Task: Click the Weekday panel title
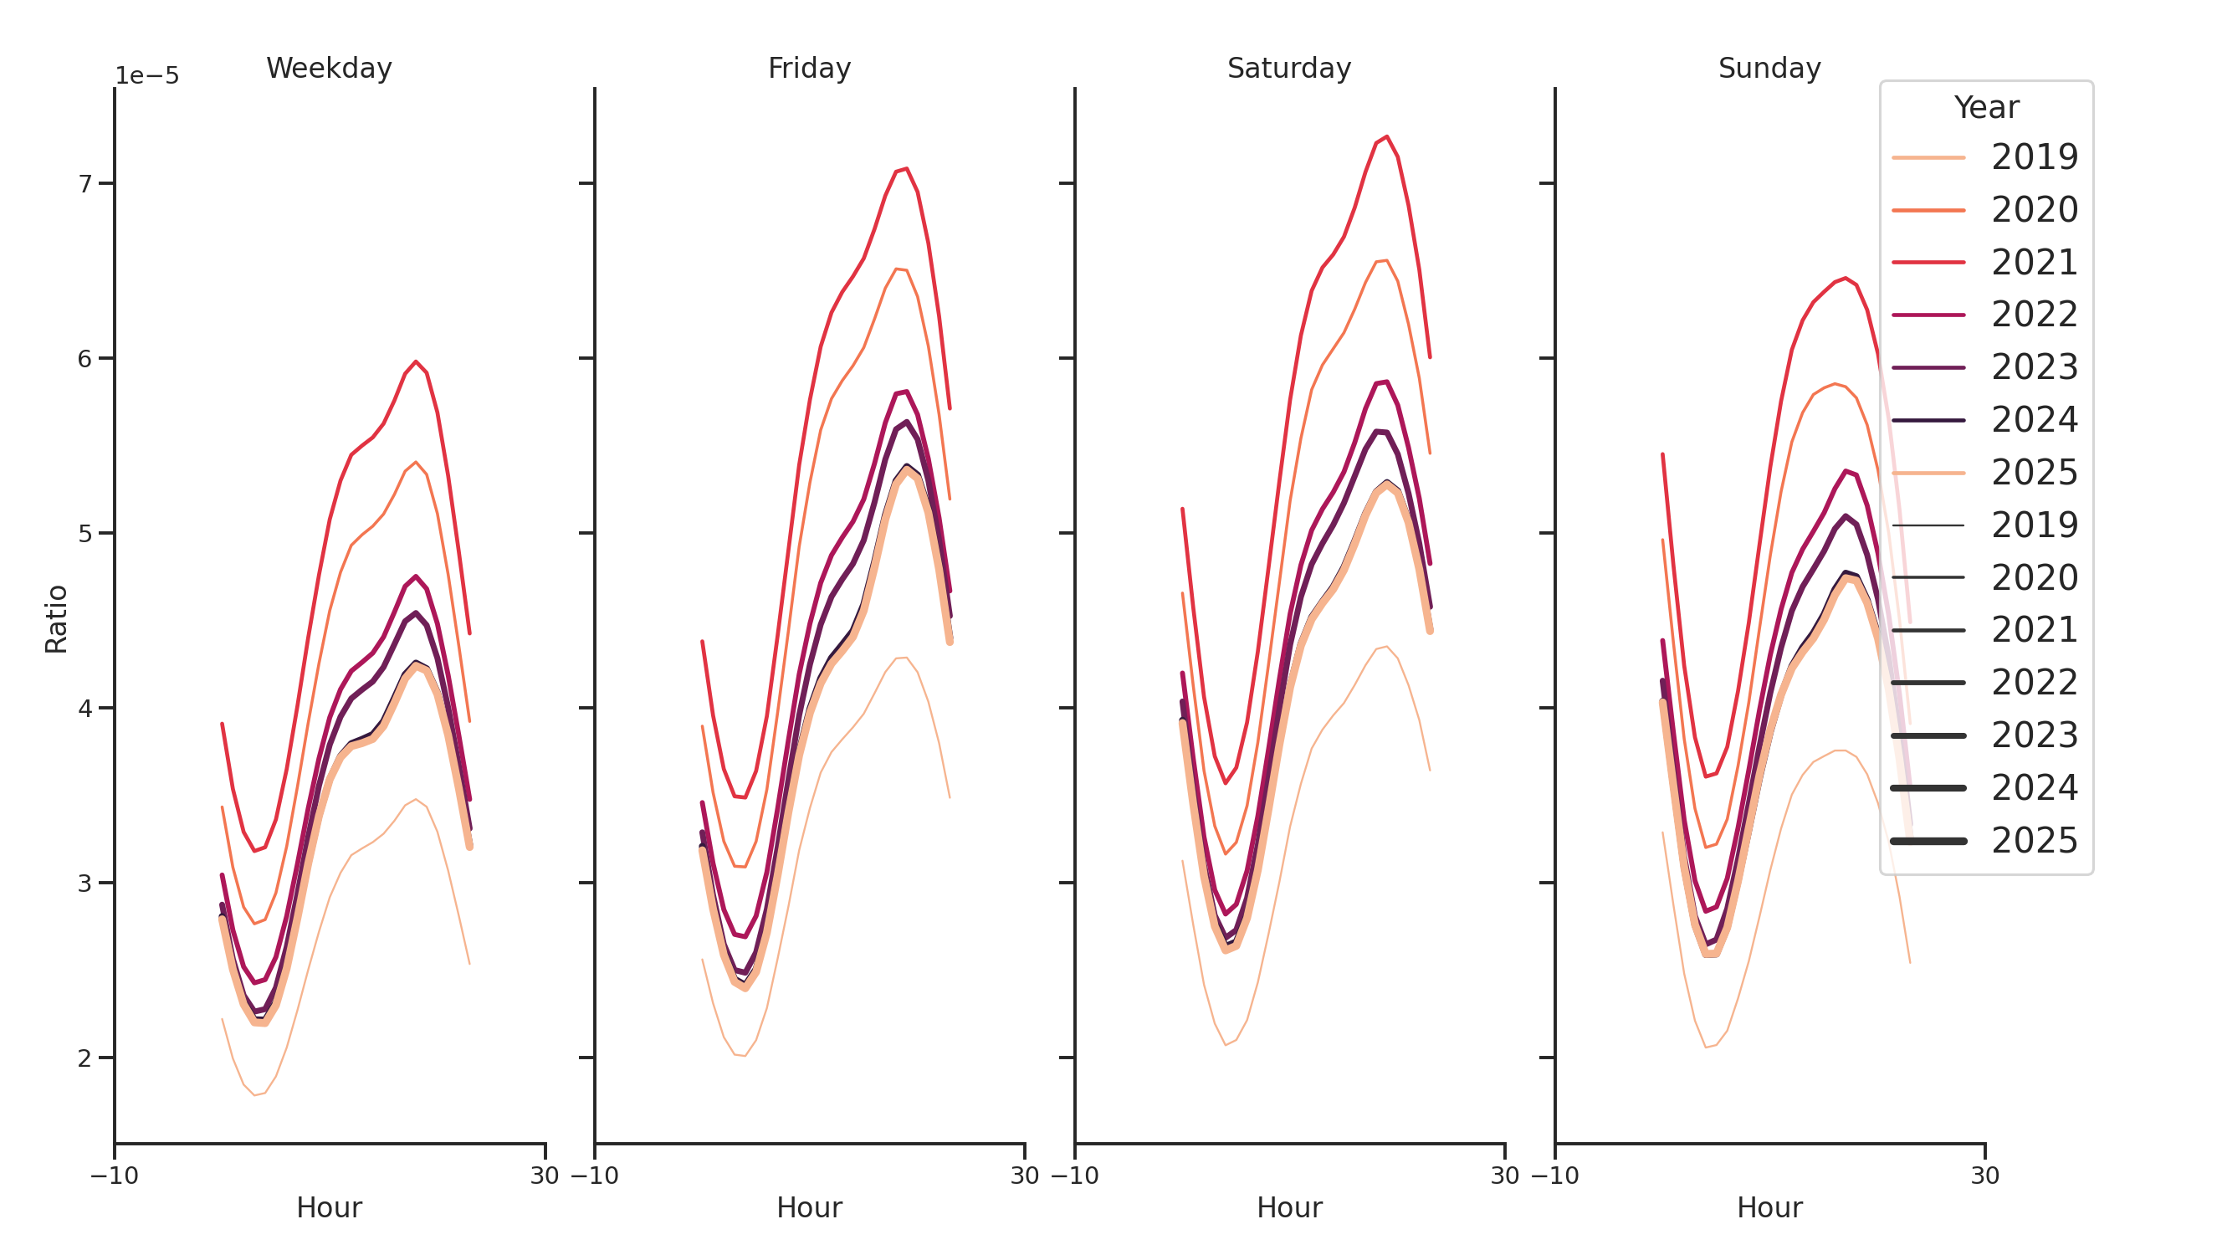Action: (x=329, y=68)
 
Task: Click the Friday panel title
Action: (x=809, y=68)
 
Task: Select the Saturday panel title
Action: (x=1288, y=68)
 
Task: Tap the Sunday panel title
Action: (x=1769, y=68)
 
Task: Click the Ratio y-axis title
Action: (x=56, y=619)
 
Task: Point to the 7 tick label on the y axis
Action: (x=84, y=184)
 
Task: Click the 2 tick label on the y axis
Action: (x=84, y=1058)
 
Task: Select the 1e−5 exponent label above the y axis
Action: (x=147, y=76)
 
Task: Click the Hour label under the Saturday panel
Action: (x=1288, y=1207)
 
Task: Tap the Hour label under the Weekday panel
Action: (x=329, y=1207)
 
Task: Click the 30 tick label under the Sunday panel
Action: (x=1984, y=1176)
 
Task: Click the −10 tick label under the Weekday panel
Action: (x=114, y=1176)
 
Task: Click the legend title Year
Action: (x=1985, y=108)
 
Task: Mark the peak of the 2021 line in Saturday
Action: (x=1386, y=137)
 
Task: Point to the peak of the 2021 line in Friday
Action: (x=907, y=169)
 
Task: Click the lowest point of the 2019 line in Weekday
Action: (x=254, y=1095)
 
